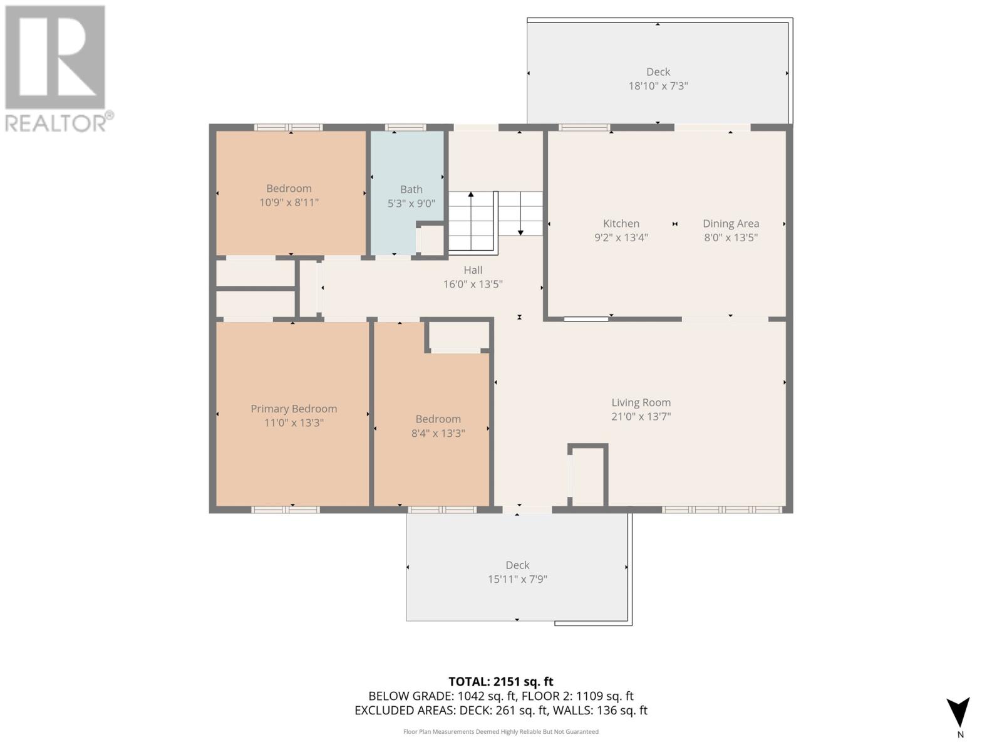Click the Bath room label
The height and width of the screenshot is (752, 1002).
pyautogui.click(x=411, y=189)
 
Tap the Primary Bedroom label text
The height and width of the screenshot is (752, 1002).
pyautogui.click(x=294, y=409)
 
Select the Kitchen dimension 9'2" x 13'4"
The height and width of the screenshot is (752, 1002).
pyautogui.click(x=621, y=238)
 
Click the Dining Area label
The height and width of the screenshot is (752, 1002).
pyautogui.click(x=730, y=223)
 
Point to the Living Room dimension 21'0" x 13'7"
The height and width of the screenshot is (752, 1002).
pyautogui.click(x=641, y=416)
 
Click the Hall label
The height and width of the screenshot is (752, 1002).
pyautogui.click(x=473, y=270)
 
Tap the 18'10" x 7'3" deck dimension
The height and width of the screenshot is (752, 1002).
pyautogui.click(x=658, y=86)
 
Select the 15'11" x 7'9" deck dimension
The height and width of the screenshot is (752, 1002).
pyautogui.click(x=517, y=579)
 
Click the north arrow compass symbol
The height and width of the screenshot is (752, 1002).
pyautogui.click(x=958, y=713)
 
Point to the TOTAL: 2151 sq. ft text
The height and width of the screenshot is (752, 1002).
pyautogui.click(x=500, y=681)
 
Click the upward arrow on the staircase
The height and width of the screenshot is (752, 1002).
pyautogui.click(x=471, y=195)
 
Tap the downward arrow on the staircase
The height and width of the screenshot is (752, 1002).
pyautogui.click(x=520, y=232)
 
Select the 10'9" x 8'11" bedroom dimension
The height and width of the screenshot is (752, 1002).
pyautogui.click(x=289, y=202)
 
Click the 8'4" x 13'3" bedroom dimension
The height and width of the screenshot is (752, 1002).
pyautogui.click(x=438, y=433)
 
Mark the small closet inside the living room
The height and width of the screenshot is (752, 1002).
pyautogui.click(x=589, y=476)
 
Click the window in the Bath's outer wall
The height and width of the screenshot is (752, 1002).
pyautogui.click(x=405, y=127)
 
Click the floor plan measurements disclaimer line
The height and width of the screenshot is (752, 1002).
pyautogui.click(x=500, y=731)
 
